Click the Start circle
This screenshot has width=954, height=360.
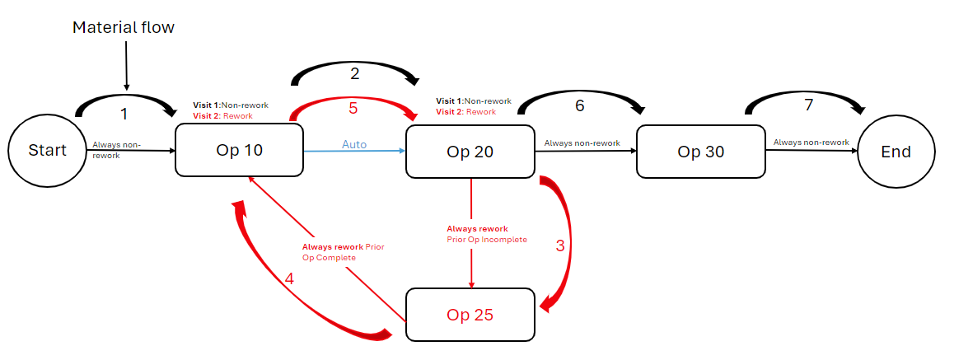(x=48, y=151)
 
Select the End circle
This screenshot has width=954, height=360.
(x=896, y=152)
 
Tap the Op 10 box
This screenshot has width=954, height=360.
(x=239, y=151)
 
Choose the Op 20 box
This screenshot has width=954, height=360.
(x=470, y=152)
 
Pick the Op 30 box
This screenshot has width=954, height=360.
(x=700, y=152)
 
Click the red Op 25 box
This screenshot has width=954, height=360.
(x=470, y=315)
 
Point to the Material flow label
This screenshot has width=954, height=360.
(x=124, y=27)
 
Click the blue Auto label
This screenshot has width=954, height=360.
(x=354, y=144)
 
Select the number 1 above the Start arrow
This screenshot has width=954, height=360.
(x=124, y=115)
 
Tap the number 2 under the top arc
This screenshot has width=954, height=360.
(x=355, y=73)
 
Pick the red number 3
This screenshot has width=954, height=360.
(x=560, y=245)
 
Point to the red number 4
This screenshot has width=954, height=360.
(x=289, y=279)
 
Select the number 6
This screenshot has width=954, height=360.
(x=580, y=106)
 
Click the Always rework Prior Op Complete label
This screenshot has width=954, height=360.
(x=343, y=252)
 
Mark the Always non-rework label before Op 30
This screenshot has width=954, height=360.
(x=582, y=143)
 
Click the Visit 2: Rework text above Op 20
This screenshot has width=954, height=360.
(x=465, y=111)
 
